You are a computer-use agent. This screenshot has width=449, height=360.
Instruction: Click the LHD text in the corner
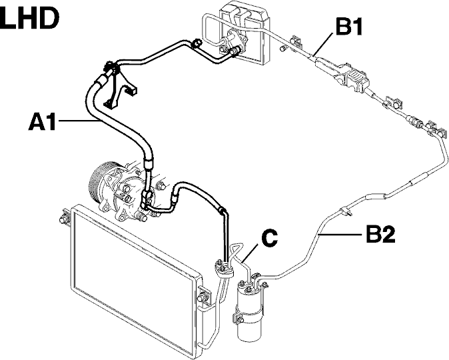pyautogui.click(x=29, y=18)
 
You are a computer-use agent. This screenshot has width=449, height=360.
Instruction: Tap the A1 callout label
pyautogui.click(x=42, y=121)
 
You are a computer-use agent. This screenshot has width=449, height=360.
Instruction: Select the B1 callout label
pyautogui.click(x=349, y=26)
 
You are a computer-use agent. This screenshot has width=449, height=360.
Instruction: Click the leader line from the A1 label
pyautogui.click(x=78, y=121)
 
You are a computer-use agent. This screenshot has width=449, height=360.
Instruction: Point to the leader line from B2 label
pyautogui.click(x=341, y=235)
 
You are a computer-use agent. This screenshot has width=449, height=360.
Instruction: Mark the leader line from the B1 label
pyautogui.click(x=324, y=43)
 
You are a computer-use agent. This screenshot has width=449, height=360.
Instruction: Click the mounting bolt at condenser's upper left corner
pyautogui.click(x=63, y=219)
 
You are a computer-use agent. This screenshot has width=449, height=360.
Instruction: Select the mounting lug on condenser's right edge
pyautogui.click(x=204, y=296)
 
